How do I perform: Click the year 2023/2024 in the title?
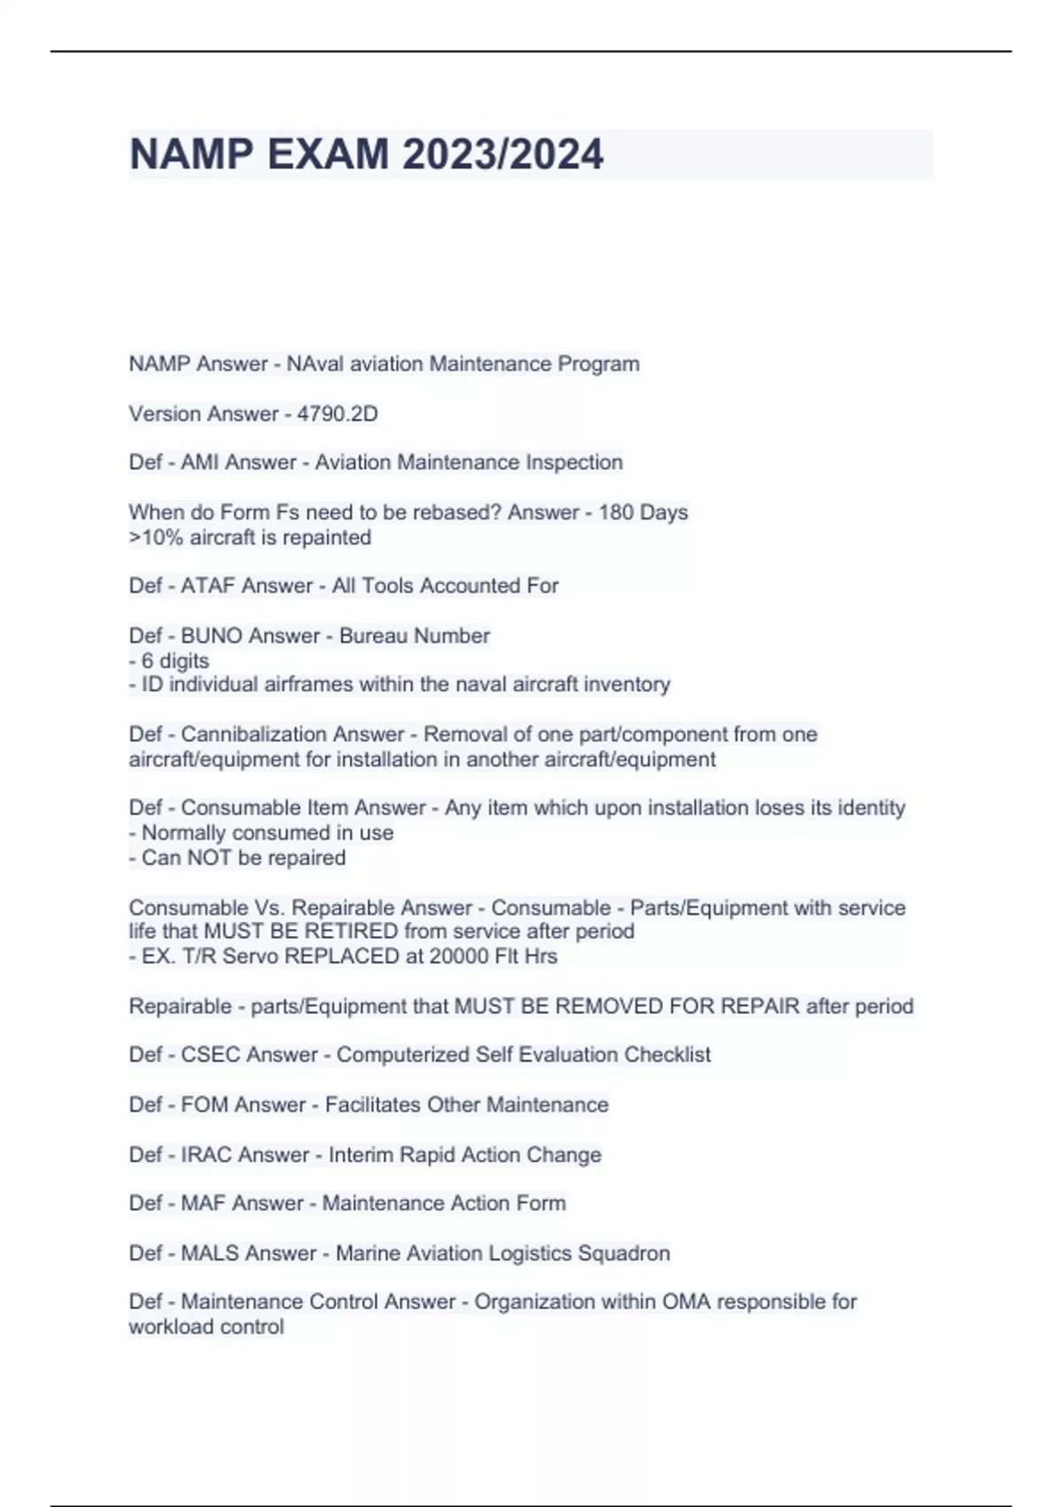502,154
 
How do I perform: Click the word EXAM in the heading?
328,154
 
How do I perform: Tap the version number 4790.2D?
338,414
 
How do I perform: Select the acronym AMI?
200,463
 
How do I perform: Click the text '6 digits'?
175,660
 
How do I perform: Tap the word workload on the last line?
167,1327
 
